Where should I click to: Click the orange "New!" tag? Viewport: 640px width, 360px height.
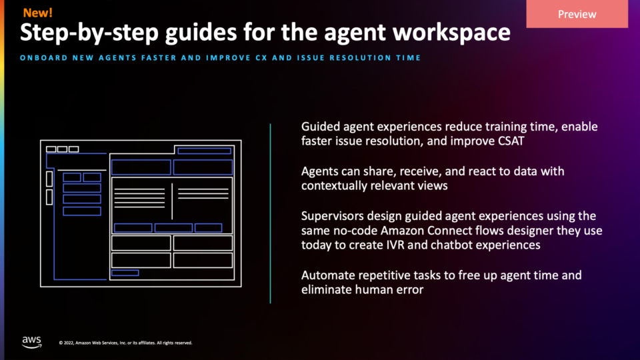coord(37,13)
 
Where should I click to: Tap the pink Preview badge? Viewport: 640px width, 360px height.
coord(577,14)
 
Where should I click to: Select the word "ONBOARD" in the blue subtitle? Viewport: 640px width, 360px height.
coord(44,58)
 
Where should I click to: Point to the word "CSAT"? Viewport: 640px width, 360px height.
coord(511,141)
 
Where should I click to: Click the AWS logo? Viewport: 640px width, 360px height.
coord(32,342)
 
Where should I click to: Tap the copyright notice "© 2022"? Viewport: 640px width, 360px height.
coord(66,343)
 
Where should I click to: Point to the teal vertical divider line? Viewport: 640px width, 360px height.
coord(270,213)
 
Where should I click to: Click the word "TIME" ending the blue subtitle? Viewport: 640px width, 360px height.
coord(408,58)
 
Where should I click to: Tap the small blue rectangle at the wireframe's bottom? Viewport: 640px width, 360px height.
coord(125,273)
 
